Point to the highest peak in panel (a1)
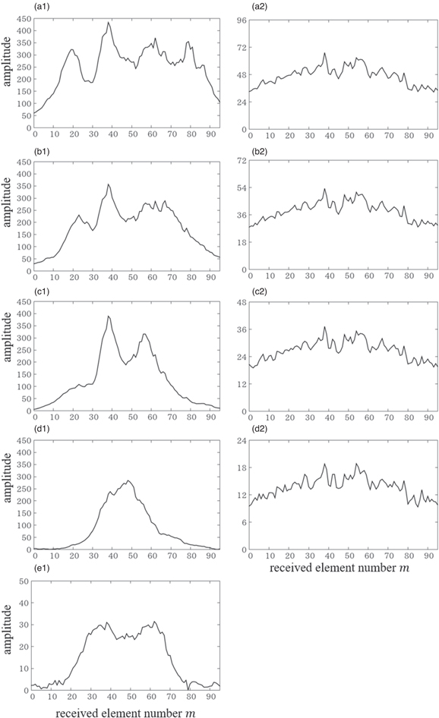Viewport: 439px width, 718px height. [x=109, y=23]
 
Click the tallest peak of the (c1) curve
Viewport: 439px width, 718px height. [x=109, y=316]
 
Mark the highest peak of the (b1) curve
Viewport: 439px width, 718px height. [x=109, y=184]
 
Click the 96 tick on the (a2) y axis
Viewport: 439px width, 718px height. [x=242, y=20]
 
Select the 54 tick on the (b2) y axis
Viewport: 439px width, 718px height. [x=242, y=188]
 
